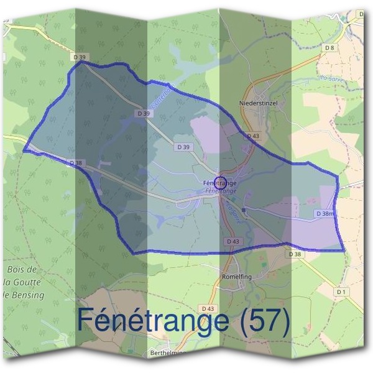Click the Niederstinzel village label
(258, 103)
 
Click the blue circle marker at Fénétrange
(219, 182)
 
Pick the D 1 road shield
(340, 292)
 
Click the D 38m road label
(325, 213)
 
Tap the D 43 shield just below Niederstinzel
(252, 136)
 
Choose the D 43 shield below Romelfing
(208, 308)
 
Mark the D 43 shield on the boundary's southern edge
(233, 241)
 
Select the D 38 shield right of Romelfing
(295, 254)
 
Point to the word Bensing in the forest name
(29, 295)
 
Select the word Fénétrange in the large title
(152, 321)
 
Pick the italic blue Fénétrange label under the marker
(220, 191)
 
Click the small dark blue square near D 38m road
(245, 211)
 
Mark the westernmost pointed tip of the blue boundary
(24, 150)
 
